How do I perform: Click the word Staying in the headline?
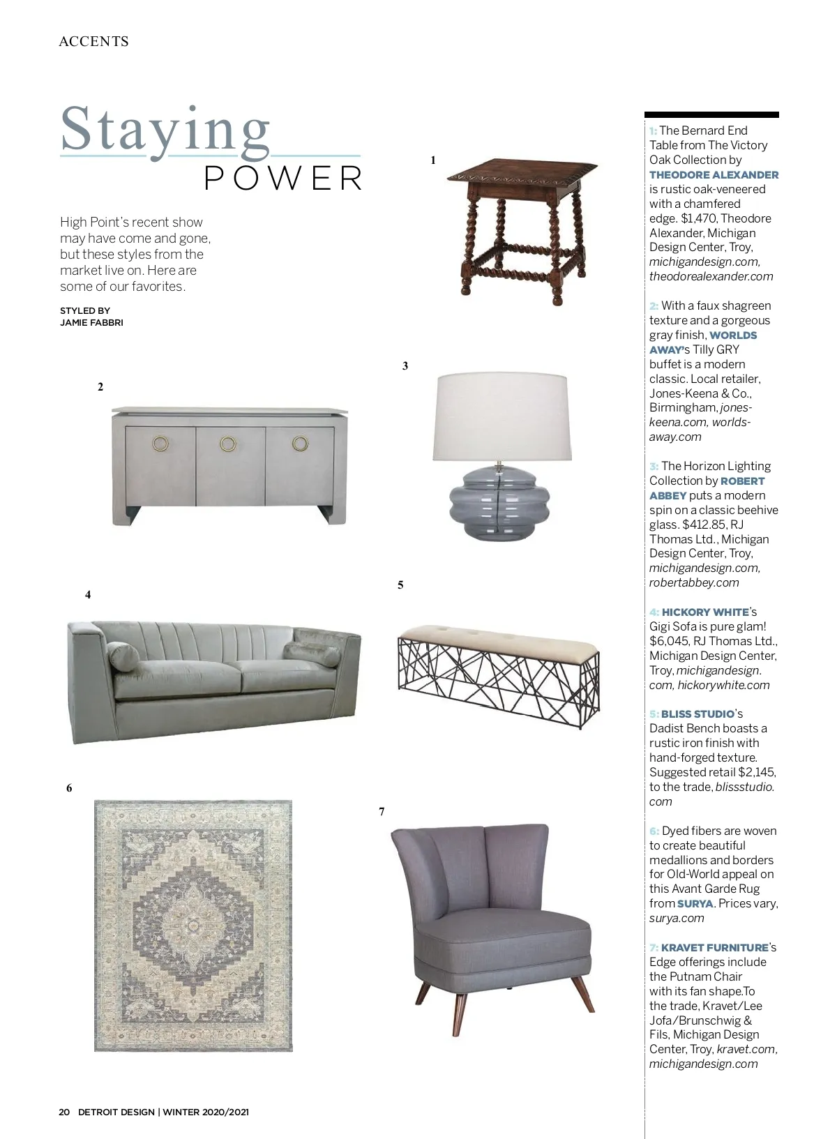[165, 130]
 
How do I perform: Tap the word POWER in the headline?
[283, 179]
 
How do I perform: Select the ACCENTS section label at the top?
[93, 42]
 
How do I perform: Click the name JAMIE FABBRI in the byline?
[91, 322]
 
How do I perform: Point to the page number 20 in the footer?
[64, 1112]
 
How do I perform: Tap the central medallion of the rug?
[193, 925]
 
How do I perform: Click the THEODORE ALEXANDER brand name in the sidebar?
[714, 175]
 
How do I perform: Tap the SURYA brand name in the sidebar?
[695, 903]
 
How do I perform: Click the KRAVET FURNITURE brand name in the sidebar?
[714, 947]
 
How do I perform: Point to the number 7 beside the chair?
[382, 811]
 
